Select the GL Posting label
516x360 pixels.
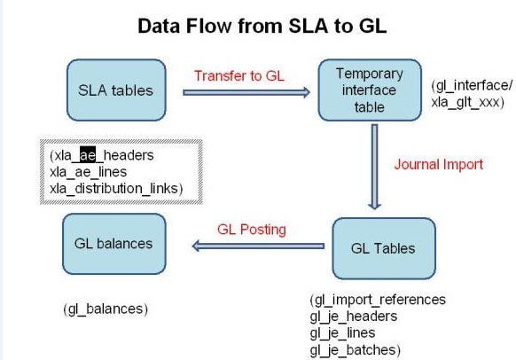click(252, 230)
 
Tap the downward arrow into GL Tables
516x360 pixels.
click(376, 169)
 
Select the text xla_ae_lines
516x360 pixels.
click(89, 170)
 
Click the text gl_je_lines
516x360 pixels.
click(344, 332)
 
